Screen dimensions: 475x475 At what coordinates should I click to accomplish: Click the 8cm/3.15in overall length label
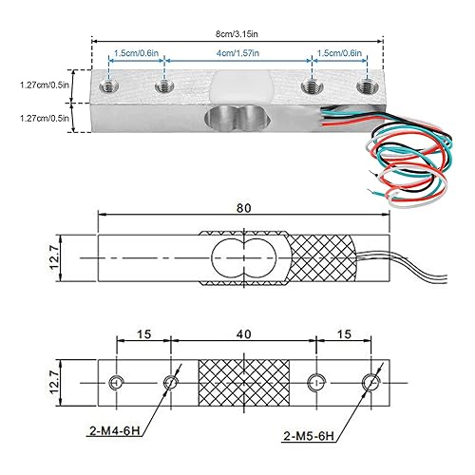tap(241, 33)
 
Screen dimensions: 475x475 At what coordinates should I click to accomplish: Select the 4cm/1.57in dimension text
tap(238, 54)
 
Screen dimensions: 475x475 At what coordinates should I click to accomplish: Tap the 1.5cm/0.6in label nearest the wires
tap(339, 54)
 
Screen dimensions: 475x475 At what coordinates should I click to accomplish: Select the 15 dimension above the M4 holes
tap(142, 335)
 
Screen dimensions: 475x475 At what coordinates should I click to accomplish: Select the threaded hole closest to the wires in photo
tap(362, 89)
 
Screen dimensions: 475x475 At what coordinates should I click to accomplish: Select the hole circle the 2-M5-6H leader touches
tap(370, 382)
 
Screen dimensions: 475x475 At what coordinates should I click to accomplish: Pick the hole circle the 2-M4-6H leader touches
tap(171, 382)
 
